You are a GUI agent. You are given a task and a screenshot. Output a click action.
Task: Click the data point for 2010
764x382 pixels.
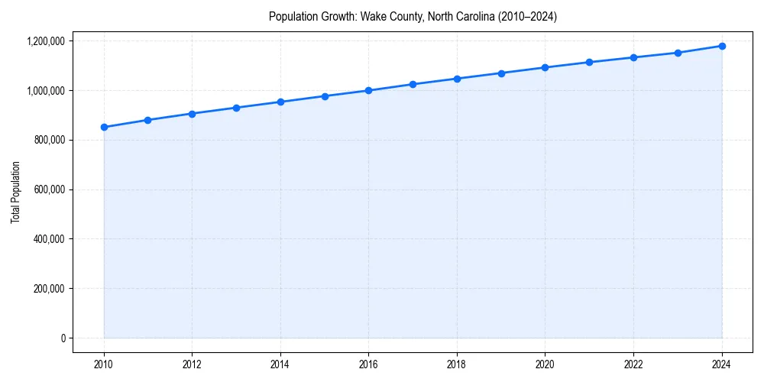click(x=104, y=127)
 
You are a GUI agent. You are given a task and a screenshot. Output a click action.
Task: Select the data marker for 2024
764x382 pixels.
click(x=722, y=46)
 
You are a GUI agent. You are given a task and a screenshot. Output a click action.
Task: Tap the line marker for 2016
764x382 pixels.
click(x=368, y=90)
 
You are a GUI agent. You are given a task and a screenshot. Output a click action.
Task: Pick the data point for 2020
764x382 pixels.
click(x=545, y=67)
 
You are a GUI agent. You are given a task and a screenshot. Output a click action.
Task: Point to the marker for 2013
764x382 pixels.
click(x=236, y=108)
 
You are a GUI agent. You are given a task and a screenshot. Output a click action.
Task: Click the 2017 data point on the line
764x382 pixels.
click(x=413, y=84)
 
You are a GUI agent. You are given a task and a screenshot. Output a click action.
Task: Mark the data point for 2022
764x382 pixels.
click(x=633, y=57)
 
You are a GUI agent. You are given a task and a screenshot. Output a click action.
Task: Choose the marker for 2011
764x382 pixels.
click(x=147, y=120)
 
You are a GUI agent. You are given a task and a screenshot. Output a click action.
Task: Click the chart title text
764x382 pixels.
click(x=413, y=17)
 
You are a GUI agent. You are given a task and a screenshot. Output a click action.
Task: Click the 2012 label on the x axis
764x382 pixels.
click(x=192, y=364)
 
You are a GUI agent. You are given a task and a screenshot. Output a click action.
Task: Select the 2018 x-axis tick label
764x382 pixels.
click(x=457, y=364)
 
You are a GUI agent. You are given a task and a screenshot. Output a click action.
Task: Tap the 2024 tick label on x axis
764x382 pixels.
click(x=722, y=364)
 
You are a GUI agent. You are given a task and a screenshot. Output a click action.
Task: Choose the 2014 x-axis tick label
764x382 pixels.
click(x=280, y=364)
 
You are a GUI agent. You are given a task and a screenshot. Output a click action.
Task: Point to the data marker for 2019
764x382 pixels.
click(x=501, y=73)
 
